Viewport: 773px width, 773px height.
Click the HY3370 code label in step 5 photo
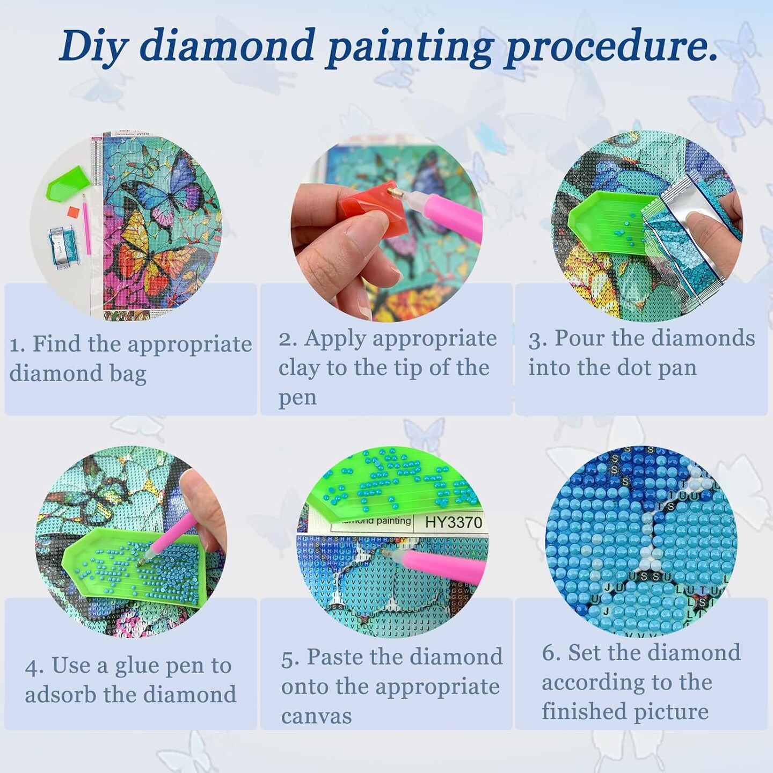[x=453, y=522]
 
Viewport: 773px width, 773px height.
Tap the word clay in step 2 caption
[x=299, y=368]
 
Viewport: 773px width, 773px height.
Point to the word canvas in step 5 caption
[x=316, y=716]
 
